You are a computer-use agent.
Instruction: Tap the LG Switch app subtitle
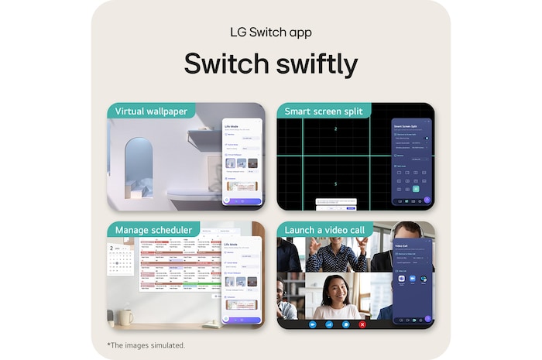[270, 33]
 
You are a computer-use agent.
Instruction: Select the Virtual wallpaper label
[151, 111]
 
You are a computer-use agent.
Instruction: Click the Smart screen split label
[323, 111]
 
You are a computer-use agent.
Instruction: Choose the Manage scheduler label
[153, 230]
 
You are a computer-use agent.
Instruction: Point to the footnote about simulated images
[146, 345]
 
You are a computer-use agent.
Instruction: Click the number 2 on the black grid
[335, 129]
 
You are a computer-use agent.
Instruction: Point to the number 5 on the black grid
[335, 183]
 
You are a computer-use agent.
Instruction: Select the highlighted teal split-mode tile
[416, 188]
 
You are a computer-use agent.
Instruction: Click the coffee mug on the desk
[125, 317]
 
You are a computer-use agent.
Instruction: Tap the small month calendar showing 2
[121, 260]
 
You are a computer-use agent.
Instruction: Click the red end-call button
[362, 324]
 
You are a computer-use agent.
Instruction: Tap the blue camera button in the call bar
[313, 324]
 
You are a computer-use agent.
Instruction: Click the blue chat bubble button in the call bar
[345, 324]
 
